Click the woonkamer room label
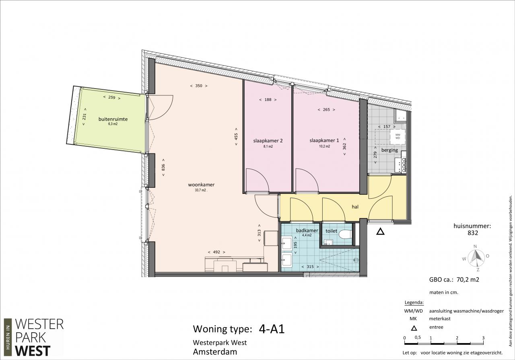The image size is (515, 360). (x=201, y=185)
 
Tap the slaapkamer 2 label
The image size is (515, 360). (x=268, y=141)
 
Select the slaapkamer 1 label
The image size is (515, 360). (x=324, y=140)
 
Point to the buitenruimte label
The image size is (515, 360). (x=113, y=119)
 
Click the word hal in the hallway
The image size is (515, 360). (x=355, y=207)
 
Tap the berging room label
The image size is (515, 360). (x=389, y=150)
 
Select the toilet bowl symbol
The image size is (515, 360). (x=345, y=234)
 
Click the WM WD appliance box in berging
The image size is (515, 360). (x=398, y=136)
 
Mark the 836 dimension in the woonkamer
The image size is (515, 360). (x=163, y=167)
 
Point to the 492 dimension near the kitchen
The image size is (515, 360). (x=216, y=252)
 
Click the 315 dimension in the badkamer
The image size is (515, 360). (x=310, y=267)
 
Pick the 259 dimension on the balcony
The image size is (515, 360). (x=112, y=97)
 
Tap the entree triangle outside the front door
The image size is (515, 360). (x=380, y=232)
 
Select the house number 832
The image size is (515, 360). (x=473, y=233)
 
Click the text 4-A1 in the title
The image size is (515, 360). (x=272, y=329)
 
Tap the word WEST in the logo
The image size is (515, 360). (x=33, y=351)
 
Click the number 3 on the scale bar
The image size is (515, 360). (x=483, y=338)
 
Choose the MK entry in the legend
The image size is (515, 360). (x=413, y=319)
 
